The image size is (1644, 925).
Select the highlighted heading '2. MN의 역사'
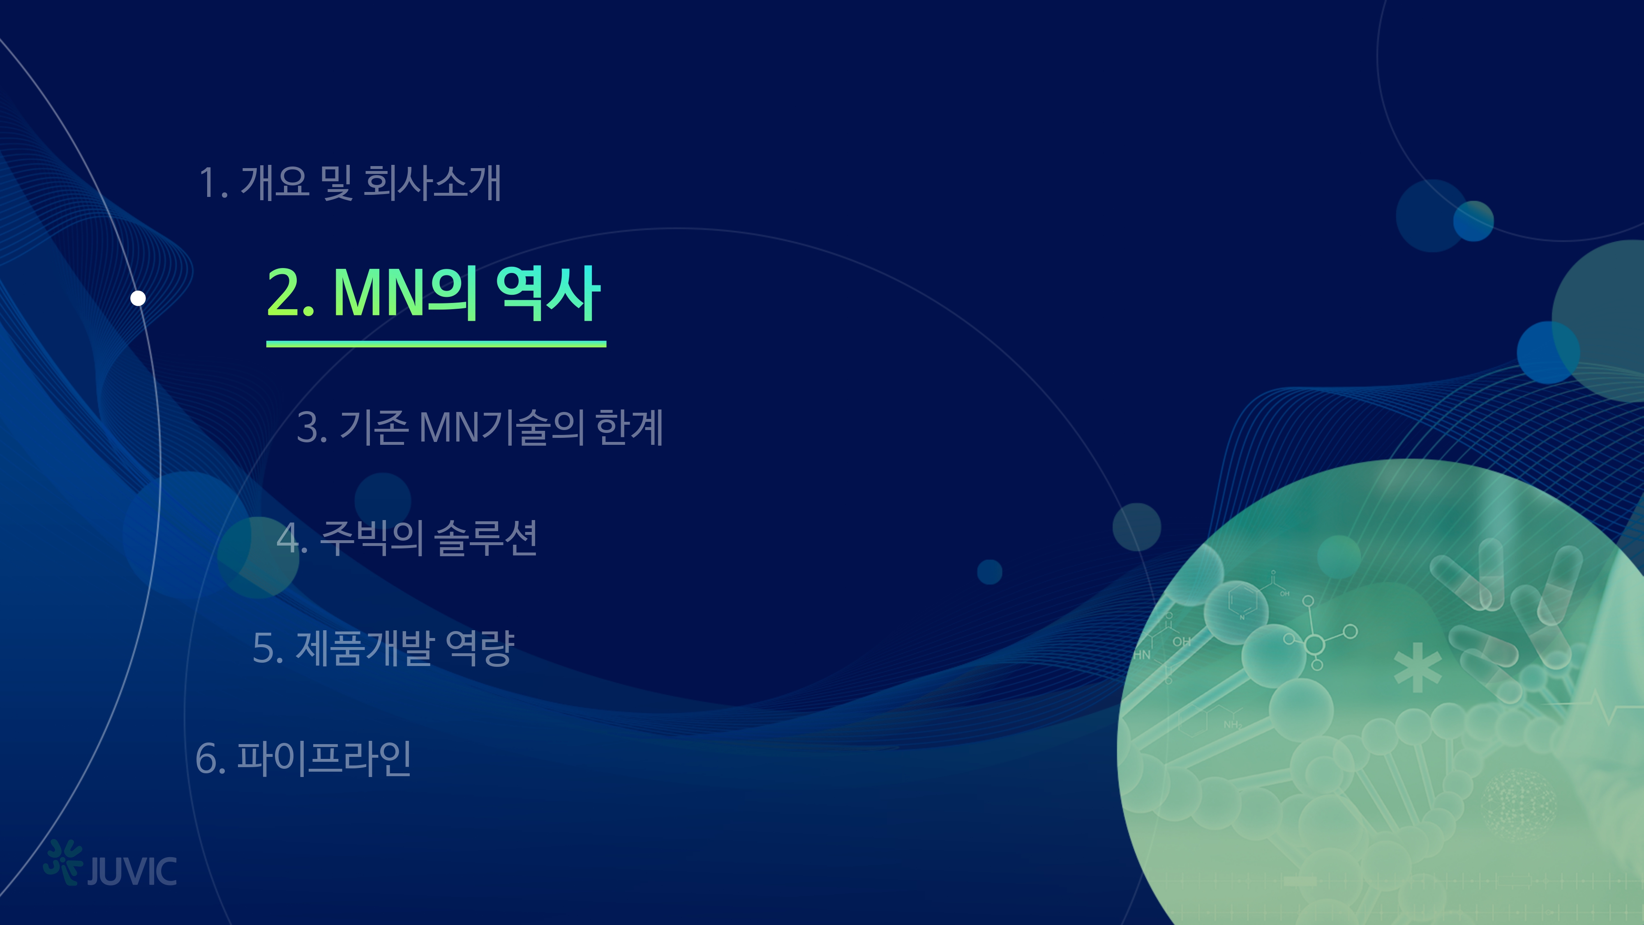[x=433, y=293]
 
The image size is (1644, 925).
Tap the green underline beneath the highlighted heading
[x=436, y=344]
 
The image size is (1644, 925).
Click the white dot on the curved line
[x=138, y=298]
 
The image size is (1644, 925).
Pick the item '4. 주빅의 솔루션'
[x=406, y=537]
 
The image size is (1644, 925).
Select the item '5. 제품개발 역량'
[x=383, y=648]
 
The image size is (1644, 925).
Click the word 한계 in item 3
[x=629, y=427]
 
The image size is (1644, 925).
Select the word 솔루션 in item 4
[x=486, y=537]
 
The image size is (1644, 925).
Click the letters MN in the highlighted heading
[x=379, y=293]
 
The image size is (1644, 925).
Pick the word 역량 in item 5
[x=480, y=648]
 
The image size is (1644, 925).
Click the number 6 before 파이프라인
[x=205, y=759]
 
